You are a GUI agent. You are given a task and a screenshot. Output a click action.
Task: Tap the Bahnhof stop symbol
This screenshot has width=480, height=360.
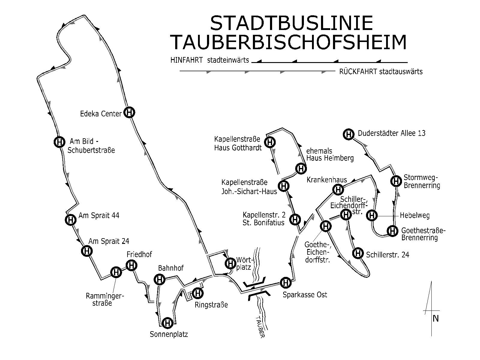tap(160, 280)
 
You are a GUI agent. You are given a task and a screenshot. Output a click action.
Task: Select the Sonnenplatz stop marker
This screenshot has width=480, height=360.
tap(167, 323)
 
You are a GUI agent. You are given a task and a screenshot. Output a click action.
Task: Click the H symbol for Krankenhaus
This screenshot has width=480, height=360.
tap(338, 190)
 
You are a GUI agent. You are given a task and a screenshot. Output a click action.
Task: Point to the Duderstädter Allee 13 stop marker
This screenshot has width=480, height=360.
tap(348, 134)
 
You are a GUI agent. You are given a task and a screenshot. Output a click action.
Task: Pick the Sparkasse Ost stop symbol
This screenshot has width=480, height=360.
tap(285, 283)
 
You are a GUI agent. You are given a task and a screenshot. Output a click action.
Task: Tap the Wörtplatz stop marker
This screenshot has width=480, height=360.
tap(230, 264)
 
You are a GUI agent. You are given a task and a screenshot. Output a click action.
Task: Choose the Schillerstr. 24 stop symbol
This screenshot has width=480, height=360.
tap(358, 253)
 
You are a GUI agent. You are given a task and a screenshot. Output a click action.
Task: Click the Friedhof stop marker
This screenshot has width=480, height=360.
tap(131, 265)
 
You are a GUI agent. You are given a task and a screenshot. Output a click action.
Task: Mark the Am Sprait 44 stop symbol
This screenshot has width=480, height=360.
tap(70, 220)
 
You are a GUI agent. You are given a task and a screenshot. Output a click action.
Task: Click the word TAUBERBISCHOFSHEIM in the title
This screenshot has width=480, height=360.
tap(289, 43)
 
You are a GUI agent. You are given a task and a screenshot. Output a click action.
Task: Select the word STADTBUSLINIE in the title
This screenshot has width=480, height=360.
tap(291, 23)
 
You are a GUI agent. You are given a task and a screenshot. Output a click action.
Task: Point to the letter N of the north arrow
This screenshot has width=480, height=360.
tap(436, 319)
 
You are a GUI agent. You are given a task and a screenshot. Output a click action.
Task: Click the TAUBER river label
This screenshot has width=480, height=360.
tap(260, 326)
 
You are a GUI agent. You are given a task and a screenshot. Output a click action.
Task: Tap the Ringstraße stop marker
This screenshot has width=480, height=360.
tap(198, 293)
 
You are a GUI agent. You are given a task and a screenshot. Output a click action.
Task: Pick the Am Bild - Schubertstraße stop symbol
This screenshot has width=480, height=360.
tap(59, 142)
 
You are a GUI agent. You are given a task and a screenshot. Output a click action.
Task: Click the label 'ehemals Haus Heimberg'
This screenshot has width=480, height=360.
tap(330, 154)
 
